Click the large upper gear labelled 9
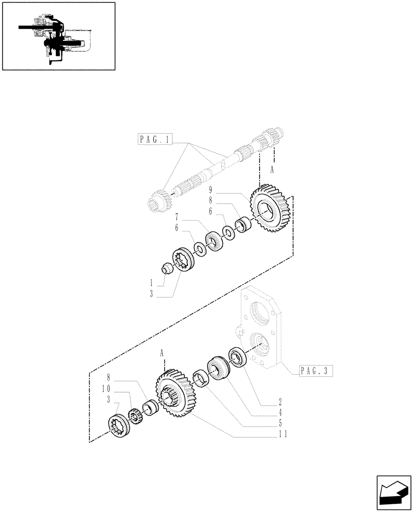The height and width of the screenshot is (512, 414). (x=268, y=209)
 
